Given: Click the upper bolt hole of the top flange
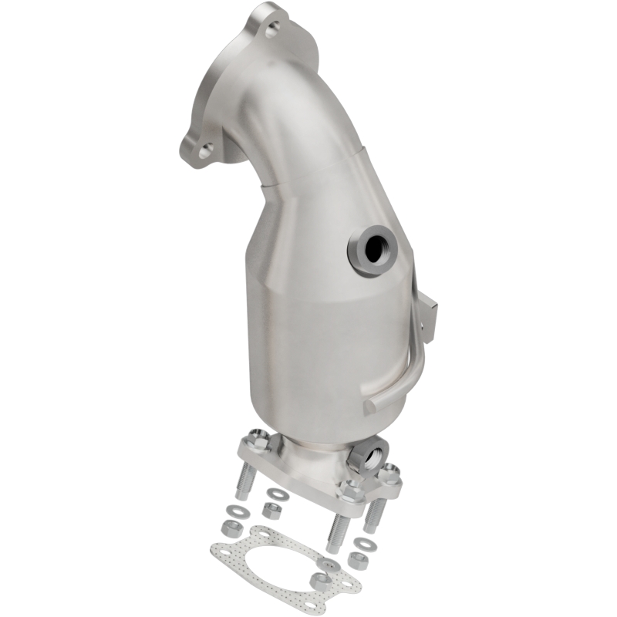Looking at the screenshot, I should pos(271,30).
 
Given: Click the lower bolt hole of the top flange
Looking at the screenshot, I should pos(204,151).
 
